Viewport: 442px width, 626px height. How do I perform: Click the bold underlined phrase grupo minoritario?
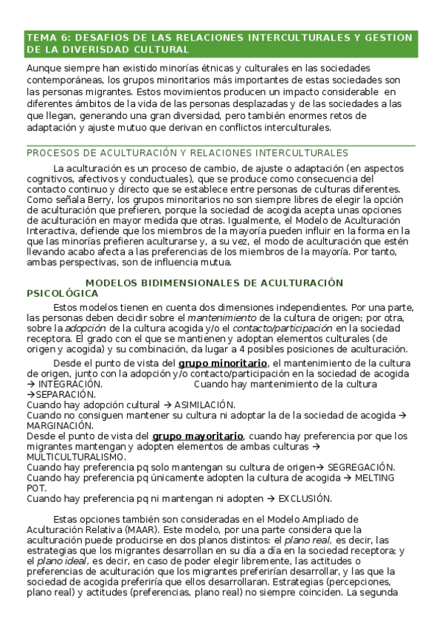[x=223, y=363]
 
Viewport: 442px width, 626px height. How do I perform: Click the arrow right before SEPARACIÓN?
[x=30, y=395]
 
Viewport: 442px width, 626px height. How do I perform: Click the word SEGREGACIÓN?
[x=361, y=467]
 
